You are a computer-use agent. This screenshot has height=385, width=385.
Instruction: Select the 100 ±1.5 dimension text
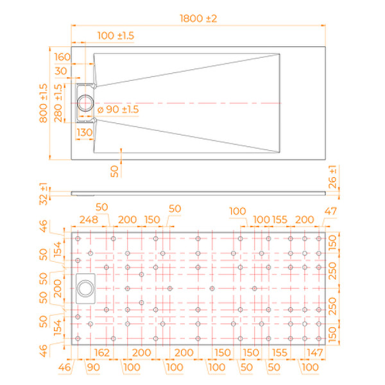click(116, 36)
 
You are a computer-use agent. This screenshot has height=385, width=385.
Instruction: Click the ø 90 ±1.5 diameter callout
click(118, 110)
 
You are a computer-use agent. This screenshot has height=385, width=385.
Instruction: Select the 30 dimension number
click(62, 71)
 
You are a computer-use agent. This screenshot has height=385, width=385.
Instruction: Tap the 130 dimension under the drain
click(85, 132)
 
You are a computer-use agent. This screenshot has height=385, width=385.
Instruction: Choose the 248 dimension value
click(88, 220)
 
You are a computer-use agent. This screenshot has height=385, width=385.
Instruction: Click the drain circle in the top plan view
click(85, 103)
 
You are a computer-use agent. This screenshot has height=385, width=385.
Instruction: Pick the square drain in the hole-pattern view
click(85, 287)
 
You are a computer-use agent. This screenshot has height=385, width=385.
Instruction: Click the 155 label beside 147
click(279, 352)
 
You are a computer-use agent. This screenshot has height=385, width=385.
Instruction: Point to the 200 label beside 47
click(304, 220)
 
